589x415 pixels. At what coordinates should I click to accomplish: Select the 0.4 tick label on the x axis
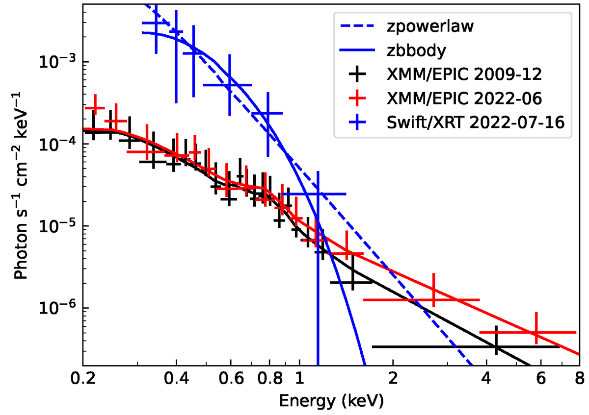tap(176, 379)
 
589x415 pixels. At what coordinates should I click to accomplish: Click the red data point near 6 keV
tap(535, 332)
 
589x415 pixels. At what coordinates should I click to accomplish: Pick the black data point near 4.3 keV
tap(496, 346)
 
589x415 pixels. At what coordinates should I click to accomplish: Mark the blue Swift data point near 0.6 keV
tap(229, 85)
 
